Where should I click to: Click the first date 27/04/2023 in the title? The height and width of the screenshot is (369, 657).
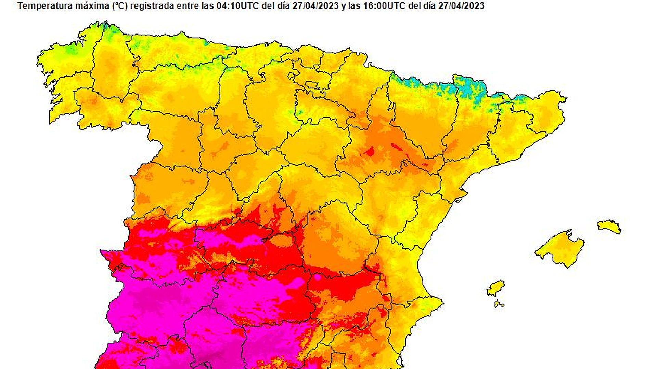[315, 6]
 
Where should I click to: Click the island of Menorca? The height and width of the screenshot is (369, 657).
[609, 227]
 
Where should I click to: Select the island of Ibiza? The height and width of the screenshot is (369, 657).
[495, 288]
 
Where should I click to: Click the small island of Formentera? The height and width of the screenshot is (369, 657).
[499, 303]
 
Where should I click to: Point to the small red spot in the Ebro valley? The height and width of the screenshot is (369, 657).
[370, 151]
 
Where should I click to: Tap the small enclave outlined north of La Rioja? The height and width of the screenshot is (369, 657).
[312, 84]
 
